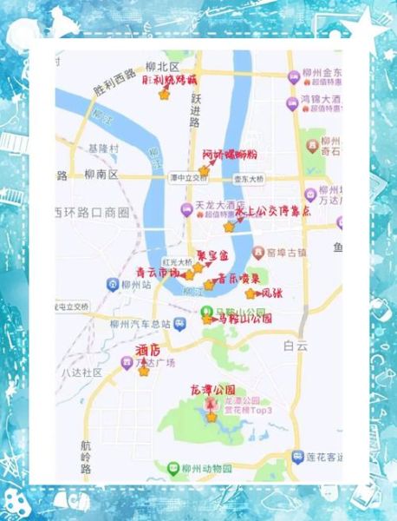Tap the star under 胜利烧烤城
[x=165, y=95]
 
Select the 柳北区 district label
[x=162, y=67]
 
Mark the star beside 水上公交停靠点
[x=229, y=226]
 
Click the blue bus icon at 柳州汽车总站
[x=178, y=324]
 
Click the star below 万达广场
[x=144, y=372]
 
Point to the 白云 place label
[x=295, y=345]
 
